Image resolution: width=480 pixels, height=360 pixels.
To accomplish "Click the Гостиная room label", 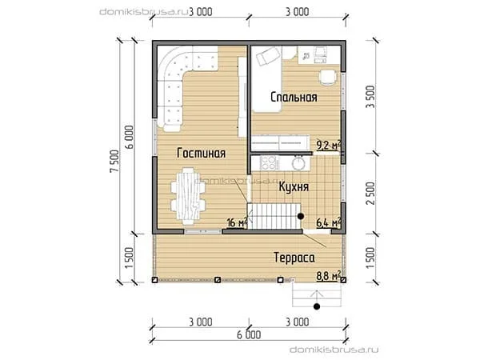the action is coord(201,153).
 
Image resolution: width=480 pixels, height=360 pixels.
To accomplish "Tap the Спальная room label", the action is coord(294,98).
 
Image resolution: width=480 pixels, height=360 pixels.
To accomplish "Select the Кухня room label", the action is coord(294,186).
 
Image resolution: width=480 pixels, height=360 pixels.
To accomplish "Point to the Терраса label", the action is coord(294,258).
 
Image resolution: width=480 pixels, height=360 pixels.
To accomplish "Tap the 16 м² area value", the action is coord(237,222).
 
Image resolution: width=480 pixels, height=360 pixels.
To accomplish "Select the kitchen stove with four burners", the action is coord(269,163).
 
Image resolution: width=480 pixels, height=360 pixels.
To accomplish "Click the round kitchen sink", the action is coord(298,163).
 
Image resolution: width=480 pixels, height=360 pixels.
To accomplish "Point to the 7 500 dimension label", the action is coord(114,162).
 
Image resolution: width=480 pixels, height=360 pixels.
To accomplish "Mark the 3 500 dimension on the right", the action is coord(370,97).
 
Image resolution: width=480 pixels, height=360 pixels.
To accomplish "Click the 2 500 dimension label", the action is coord(370,194).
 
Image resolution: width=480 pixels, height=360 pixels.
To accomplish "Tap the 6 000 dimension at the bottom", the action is coord(249,335).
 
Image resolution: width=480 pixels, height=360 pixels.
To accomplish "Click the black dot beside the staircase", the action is coord(301,216).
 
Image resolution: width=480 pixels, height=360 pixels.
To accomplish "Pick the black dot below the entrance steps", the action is coord(317,306).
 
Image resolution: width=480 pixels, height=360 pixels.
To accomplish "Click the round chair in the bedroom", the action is coord(327,77).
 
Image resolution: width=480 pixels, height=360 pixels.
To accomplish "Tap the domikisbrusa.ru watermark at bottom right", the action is coord(334,350).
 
